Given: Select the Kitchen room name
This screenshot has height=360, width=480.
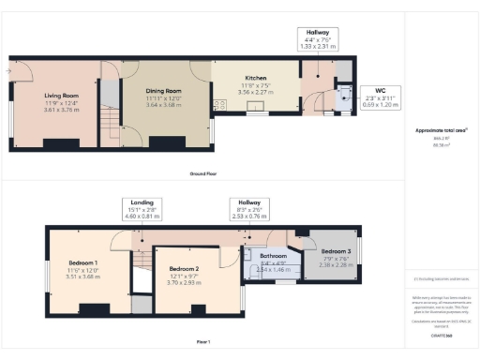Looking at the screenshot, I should click(x=257, y=77).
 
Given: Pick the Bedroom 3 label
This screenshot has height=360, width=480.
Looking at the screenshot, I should click(x=335, y=251).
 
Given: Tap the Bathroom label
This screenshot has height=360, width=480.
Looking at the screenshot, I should click(x=274, y=256).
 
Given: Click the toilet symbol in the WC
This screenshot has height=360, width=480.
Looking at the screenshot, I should click(x=346, y=92).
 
